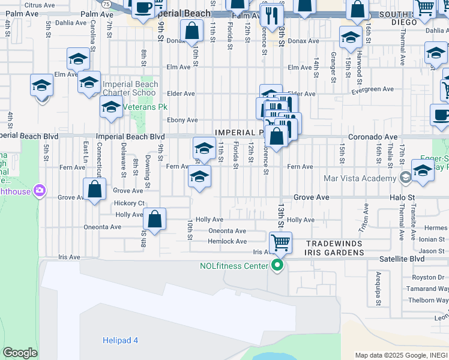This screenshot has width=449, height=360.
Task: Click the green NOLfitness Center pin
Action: (277, 265)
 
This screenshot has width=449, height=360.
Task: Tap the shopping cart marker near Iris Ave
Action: (280, 243)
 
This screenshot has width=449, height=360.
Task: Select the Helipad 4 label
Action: (119, 340)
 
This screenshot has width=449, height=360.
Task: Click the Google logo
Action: (20, 353)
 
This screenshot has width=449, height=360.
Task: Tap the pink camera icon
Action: (40, 190)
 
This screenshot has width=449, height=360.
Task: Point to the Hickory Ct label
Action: (130, 203)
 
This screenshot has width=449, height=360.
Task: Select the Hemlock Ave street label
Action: (227, 242)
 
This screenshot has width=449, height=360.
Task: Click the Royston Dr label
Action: (427, 277)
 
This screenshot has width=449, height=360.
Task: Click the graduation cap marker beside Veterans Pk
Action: (111, 107)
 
